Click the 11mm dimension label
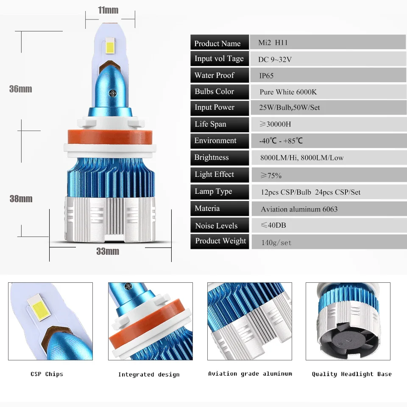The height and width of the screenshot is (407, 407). (108, 10)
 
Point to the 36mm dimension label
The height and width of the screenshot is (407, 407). (21, 89)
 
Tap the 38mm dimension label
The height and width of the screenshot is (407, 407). (21, 198)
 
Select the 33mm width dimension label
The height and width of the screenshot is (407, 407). (107, 251)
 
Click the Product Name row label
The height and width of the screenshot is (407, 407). (217, 43)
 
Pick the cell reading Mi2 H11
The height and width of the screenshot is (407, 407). (273, 42)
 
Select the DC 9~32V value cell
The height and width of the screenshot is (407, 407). (275, 59)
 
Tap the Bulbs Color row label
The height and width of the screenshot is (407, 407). (214, 91)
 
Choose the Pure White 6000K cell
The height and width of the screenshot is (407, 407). (288, 92)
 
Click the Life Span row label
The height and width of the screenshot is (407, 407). (210, 124)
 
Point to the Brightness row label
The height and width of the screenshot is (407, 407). (211, 157)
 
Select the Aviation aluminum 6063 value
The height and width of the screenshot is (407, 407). (299, 209)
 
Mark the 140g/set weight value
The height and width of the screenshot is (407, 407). (277, 243)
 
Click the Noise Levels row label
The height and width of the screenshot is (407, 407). (216, 226)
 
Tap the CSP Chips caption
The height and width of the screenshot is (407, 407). (47, 374)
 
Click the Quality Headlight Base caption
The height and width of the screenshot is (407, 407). (351, 374)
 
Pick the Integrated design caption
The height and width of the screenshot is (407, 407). (148, 374)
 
